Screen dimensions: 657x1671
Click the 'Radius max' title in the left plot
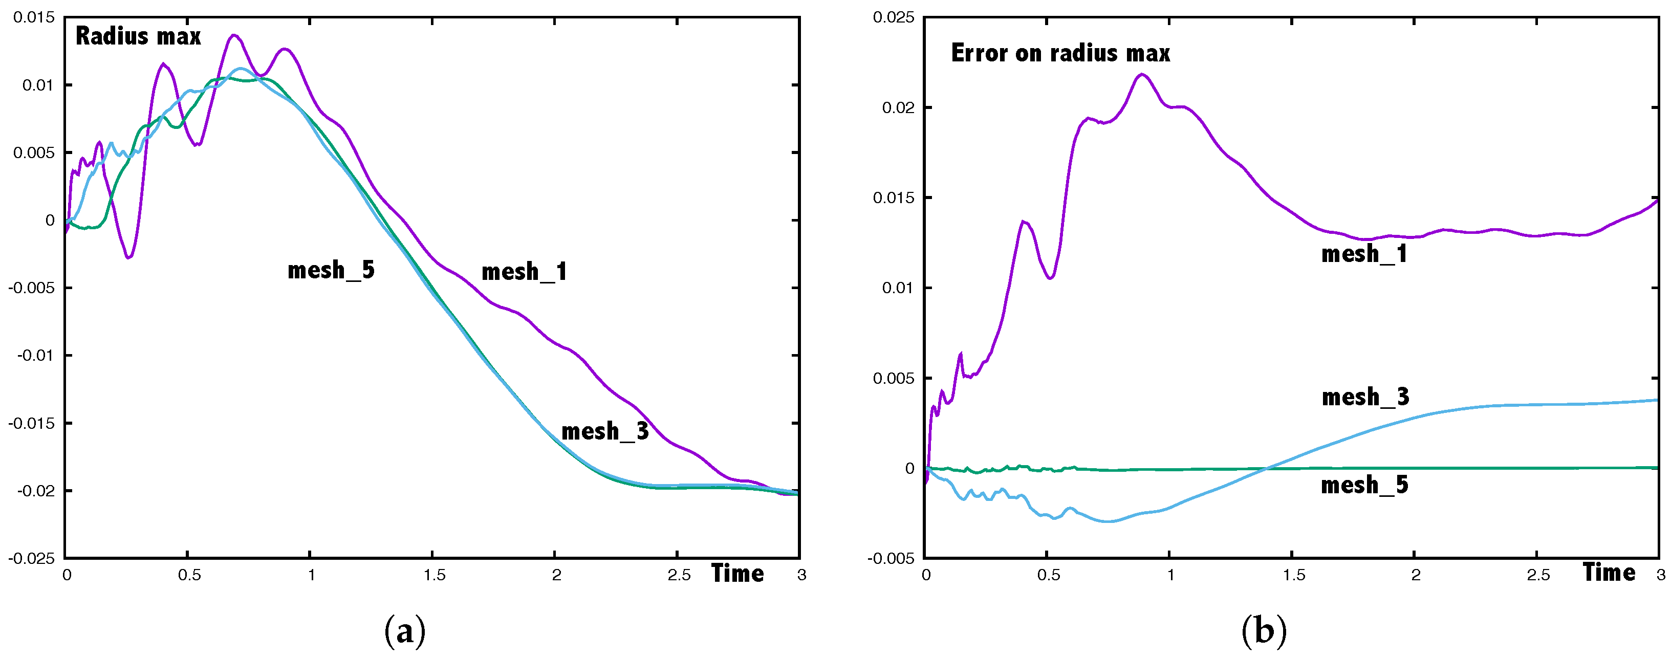point(138,36)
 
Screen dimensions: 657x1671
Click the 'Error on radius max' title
point(1060,53)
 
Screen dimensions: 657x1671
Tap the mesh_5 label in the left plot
point(331,270)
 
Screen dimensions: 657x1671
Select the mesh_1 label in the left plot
point(524,272)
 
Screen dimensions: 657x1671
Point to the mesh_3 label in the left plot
point(604,431)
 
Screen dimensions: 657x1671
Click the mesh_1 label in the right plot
point(1364,254)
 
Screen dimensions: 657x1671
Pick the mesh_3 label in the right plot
point(1365,397)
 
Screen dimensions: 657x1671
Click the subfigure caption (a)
point(405,630)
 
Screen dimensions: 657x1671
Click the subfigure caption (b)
point(1264,630)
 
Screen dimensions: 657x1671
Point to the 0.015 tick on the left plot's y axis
point(34,17)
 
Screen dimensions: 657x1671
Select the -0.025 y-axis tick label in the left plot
point(31,558)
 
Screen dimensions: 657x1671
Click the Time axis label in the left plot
point(737,573)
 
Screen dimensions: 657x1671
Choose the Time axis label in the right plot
point(1609,572)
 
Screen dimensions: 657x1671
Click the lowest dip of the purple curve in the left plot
point(129,258)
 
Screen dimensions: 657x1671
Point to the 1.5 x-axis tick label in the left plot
point(435,575)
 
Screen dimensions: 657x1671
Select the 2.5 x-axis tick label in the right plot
point(1538,575)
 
